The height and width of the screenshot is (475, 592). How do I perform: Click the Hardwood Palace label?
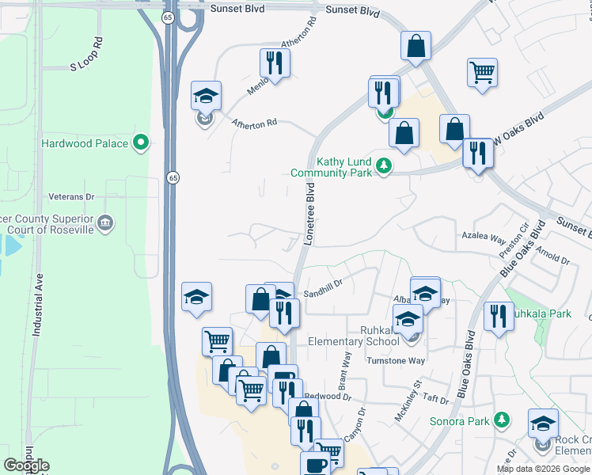85,143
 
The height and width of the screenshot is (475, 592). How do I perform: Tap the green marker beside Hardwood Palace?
142,143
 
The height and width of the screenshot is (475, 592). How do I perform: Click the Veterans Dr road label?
71,196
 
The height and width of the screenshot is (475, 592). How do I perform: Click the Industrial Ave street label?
36,307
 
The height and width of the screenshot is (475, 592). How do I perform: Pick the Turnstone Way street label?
396,361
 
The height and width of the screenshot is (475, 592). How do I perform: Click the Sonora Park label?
460,421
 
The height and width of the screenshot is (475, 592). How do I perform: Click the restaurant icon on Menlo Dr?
275,63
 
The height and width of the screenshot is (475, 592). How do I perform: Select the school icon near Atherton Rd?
206,97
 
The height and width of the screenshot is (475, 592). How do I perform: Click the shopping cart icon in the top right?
482,72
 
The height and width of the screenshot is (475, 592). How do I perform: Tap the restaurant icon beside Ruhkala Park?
498,316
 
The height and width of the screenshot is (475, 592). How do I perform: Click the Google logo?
26,465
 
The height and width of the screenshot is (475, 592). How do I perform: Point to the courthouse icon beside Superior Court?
105,225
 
